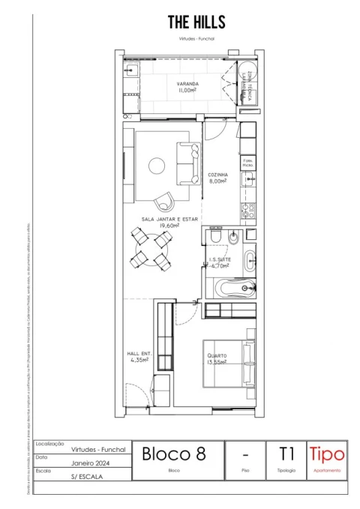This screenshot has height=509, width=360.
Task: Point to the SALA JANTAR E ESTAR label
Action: click(169, 221)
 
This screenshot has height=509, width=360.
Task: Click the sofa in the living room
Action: click(186, 164)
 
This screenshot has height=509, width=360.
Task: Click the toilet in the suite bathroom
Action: click(214, 238)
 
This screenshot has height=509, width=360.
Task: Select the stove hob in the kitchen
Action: click(249, 211)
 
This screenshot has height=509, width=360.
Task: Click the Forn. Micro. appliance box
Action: click(248, 162)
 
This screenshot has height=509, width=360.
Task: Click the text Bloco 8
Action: click(173, 454)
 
